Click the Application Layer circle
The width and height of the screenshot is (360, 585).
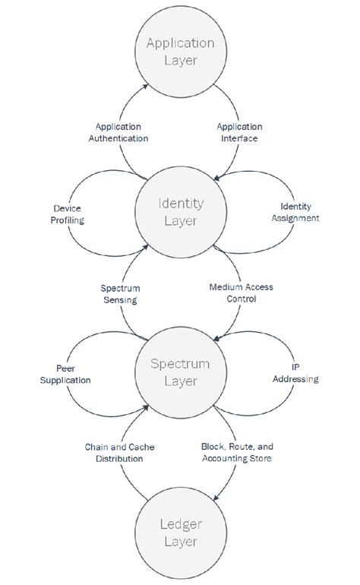[181, 51]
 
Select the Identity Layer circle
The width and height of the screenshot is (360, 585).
[181, 213]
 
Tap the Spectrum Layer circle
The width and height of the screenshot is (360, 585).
[181, 372]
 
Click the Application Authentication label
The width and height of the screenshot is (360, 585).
[122, 132]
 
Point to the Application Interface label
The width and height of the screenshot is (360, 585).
[239, 132]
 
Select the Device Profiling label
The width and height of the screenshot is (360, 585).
[68, 213]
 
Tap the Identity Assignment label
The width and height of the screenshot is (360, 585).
[299, 212]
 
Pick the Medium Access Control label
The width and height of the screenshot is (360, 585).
[241, 292]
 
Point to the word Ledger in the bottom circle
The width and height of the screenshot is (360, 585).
[181, 525]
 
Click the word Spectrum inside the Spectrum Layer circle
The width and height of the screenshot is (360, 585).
[181, 363]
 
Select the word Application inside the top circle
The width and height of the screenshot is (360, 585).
[181, 43]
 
